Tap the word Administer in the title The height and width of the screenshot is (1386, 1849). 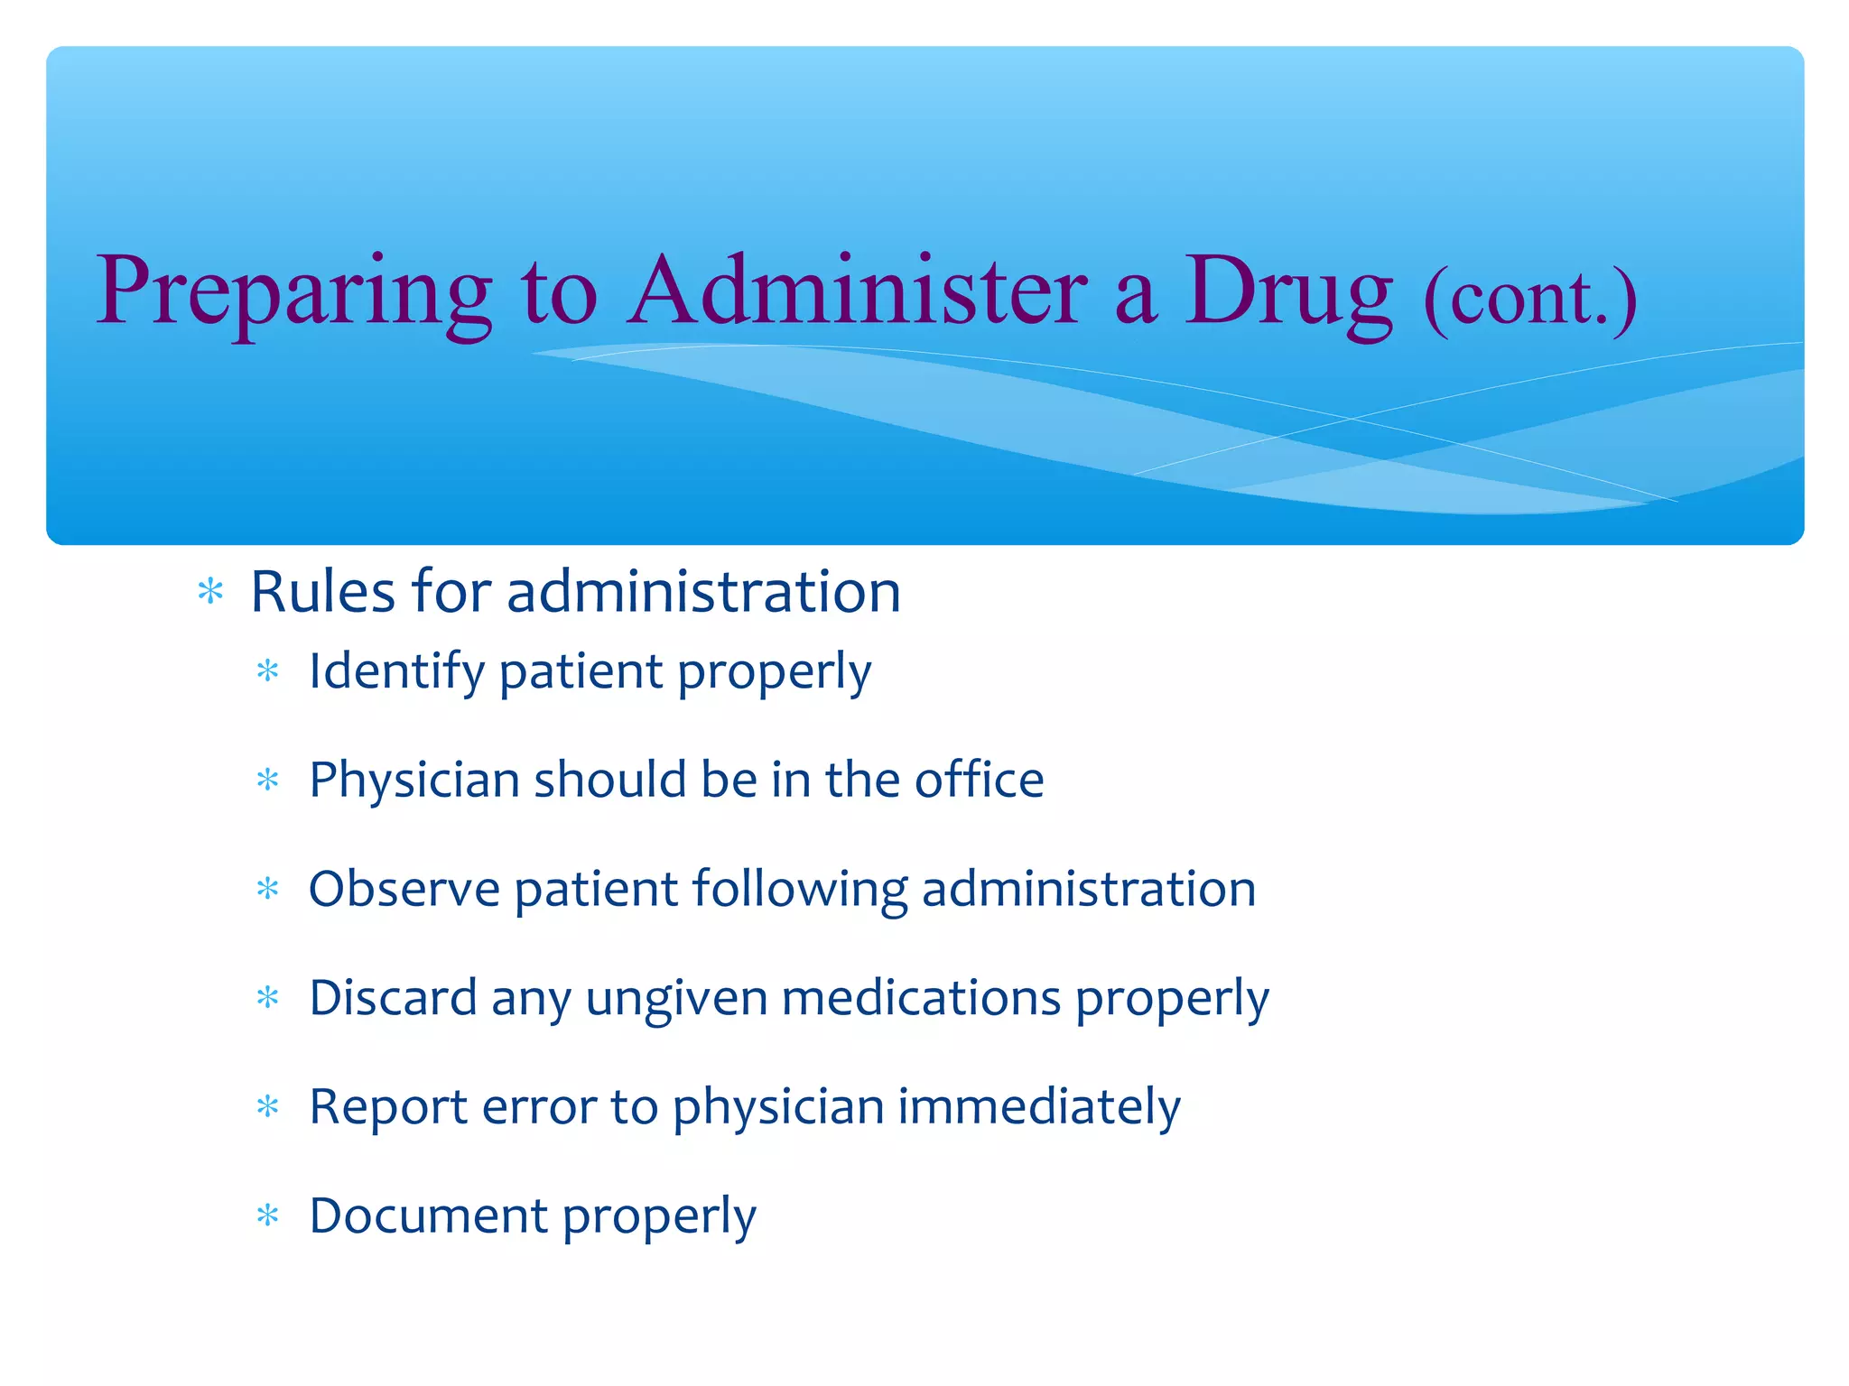coord(857,291)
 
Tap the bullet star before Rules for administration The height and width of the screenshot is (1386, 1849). coord(210,593)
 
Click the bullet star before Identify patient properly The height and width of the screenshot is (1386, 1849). coord(268,671)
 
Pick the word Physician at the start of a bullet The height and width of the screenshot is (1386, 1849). coord(414,781)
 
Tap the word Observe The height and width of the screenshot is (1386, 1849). coord(404,889)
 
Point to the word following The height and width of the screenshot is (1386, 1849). coord(799,891)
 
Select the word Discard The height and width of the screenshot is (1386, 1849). coord(393,998)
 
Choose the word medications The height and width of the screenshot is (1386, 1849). coord(921,998)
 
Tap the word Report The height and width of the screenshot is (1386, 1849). coord(388,1107)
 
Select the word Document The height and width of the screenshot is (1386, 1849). coord(428,1215)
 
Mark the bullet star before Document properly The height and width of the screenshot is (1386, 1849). coord(268,1216)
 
